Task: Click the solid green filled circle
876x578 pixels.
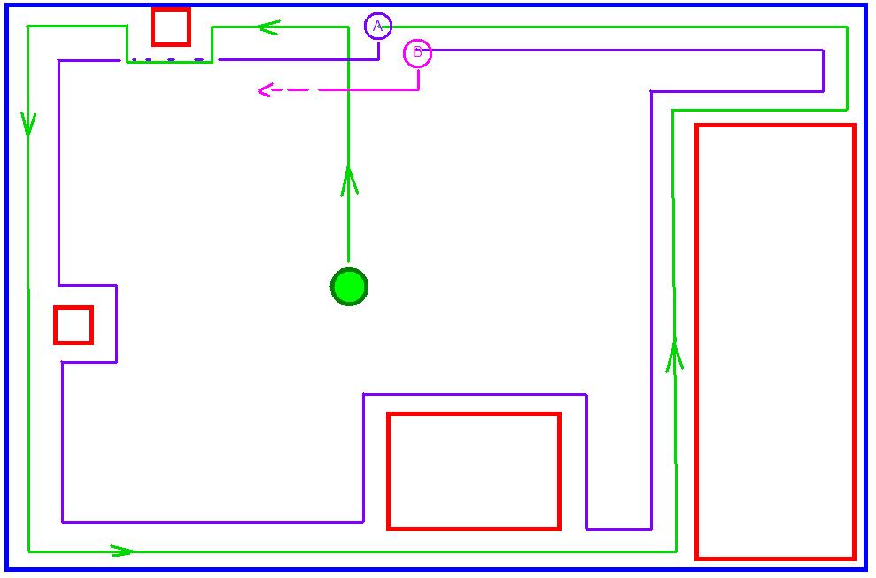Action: tap(349, 287)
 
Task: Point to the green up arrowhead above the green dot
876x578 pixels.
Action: tap(349, 180)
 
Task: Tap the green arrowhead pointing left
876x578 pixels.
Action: tap(269, 27)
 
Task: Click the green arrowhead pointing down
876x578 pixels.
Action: tap(28, 124)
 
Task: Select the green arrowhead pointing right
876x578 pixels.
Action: tap(122, 551)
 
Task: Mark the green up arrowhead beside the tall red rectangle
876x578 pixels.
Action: tap(675, 357)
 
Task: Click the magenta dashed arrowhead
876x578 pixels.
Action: tap(265, 90)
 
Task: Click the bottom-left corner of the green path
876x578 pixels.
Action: tap(28, 551)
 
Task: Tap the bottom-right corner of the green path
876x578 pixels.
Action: tap(676, 551)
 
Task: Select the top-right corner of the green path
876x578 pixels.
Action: tap(847, 27)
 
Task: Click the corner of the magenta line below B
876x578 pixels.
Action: tap(418, 89)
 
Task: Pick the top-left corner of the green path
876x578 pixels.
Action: tap(28, 26)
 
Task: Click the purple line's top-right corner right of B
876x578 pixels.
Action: tap(823, 50)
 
